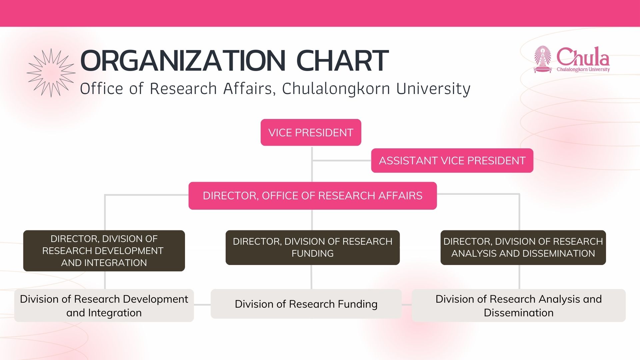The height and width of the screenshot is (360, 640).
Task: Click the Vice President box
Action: click(311, 132)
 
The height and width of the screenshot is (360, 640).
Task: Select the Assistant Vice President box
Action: click(452, 160)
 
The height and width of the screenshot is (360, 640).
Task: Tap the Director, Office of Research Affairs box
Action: click(313, 196)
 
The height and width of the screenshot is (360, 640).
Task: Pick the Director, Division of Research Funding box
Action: click(313, 247)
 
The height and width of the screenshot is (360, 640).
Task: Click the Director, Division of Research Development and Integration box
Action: click(104, 251)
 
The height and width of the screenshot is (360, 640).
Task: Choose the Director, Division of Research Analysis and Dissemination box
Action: click(523, 247)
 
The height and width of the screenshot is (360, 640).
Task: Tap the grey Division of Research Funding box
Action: click(306, 304)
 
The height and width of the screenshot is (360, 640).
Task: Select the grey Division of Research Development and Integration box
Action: click(104, 306)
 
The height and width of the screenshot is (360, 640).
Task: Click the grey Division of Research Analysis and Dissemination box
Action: click(519, 306)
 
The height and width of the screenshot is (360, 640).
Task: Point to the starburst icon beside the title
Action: click(51, 73)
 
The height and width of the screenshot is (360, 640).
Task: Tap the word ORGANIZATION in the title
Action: click(183, 61)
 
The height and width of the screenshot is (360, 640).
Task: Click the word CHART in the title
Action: click(342, 61)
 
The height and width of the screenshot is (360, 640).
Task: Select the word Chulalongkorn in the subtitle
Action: click(336, 89)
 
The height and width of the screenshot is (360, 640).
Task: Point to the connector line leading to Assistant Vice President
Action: click(342, 161)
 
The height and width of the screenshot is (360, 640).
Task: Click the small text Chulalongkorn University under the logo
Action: click(583, 69)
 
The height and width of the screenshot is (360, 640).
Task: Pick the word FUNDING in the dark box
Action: click(313, 253)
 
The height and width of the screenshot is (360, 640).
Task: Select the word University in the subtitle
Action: click(433, 89)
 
